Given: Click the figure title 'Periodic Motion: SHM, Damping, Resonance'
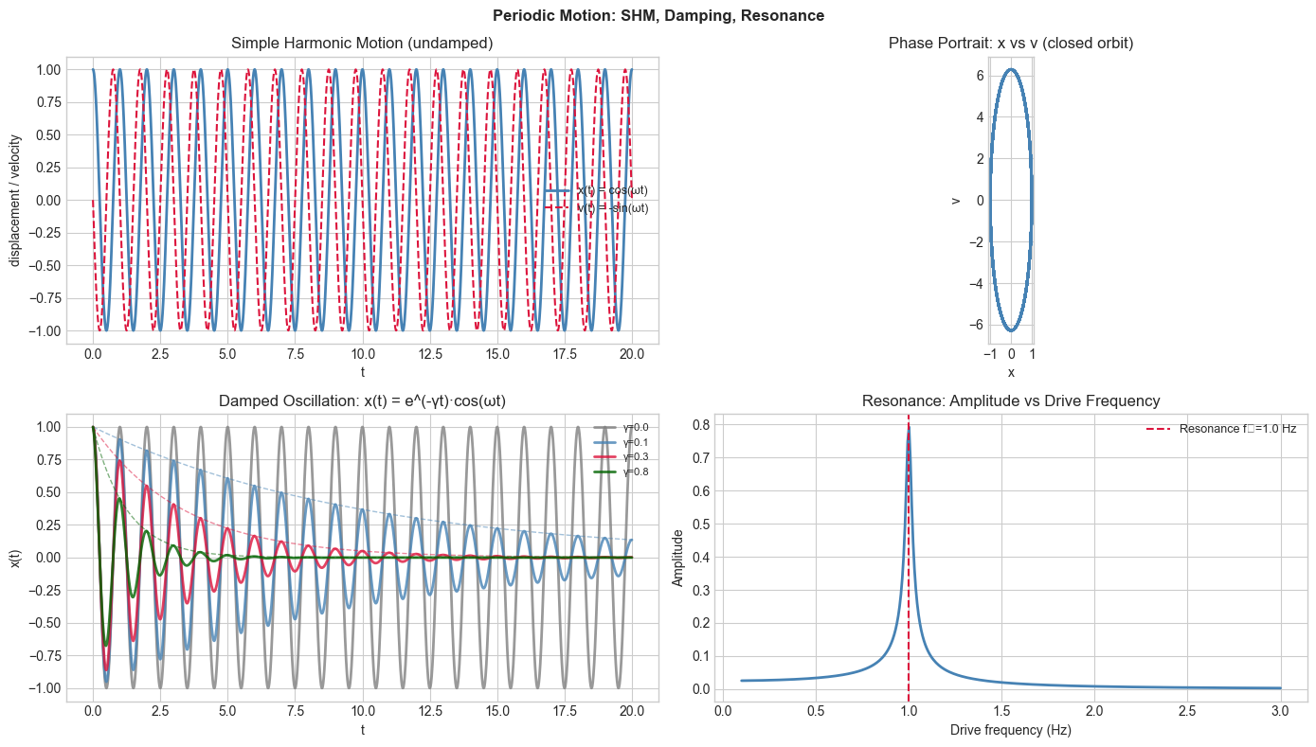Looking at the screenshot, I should tap(658, 16).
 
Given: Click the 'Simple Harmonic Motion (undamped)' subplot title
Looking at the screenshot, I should tap(362, 44).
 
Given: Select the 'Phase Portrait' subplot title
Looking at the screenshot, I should tap(1010, 44).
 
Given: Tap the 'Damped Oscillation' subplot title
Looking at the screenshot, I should tap(362, 401).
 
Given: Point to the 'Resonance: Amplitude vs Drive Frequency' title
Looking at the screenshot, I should tap(1010, 401).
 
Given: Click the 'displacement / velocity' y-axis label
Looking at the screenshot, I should tap(16, 200).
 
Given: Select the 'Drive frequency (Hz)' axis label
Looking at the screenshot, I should tap(1010, 730).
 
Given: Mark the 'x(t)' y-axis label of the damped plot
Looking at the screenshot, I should tap(16, 558).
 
